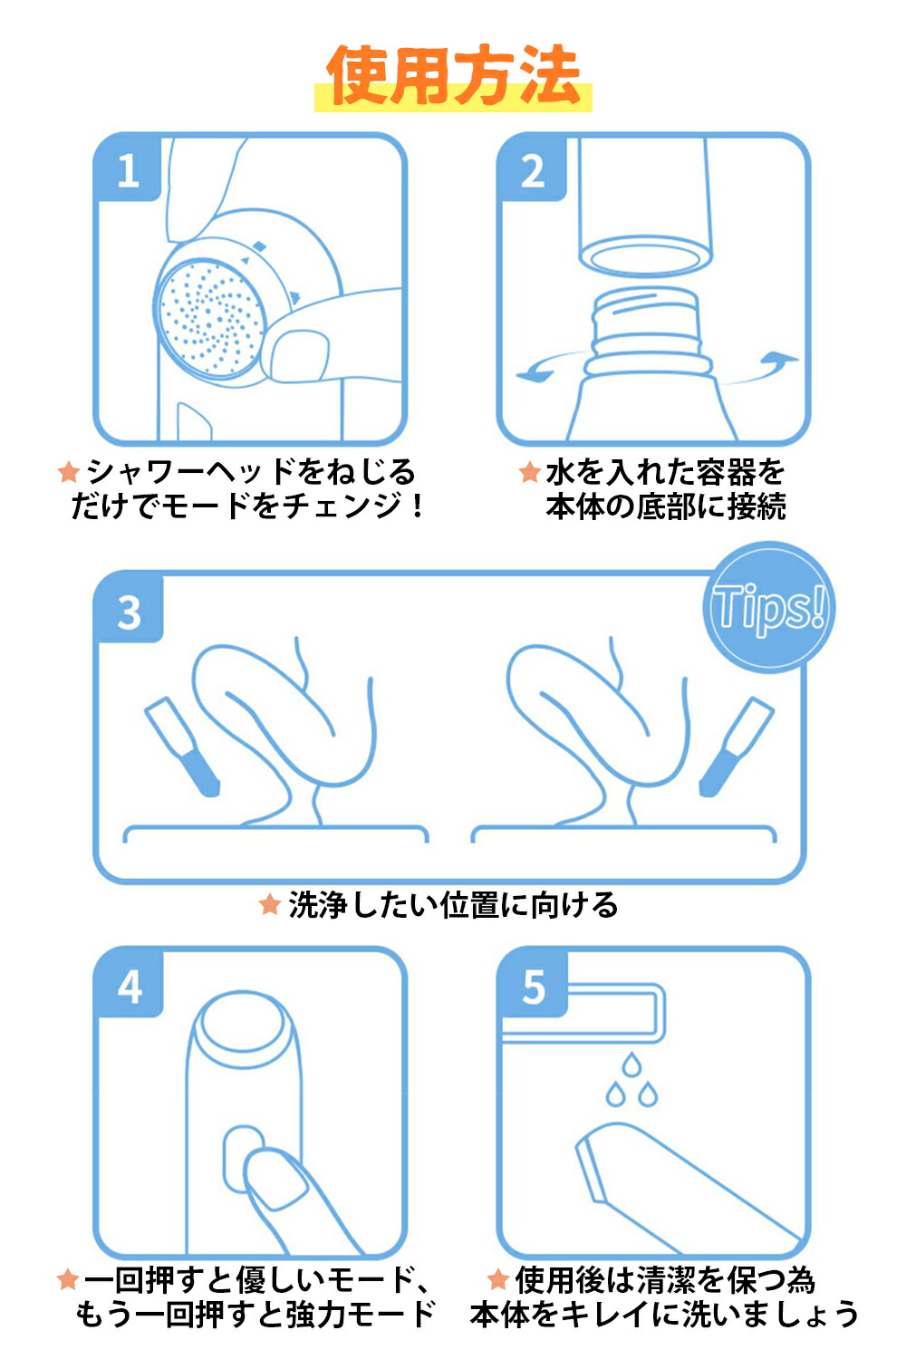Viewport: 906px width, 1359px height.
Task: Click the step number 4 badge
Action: [130, 988]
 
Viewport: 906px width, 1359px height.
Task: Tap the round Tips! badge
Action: [769, 607]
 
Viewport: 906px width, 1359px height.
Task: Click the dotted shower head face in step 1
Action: [209, 316]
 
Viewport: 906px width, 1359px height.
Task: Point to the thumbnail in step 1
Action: [299, 356]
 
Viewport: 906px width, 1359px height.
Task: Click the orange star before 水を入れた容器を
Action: [530, 471]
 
